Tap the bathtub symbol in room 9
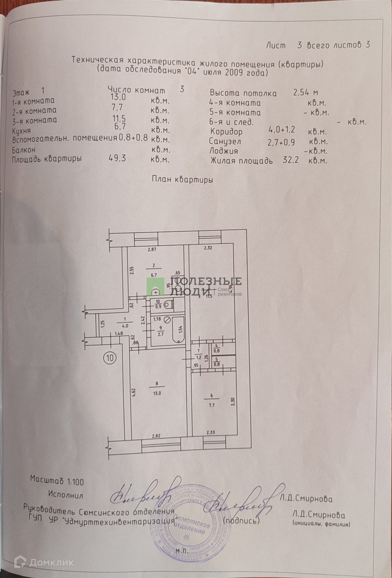[x=178, y=329]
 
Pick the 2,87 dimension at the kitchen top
[x=151, y=249]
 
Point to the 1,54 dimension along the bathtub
[x=180, y=330]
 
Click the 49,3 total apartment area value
[x=117, y=158]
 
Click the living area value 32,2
[x=291, y=160]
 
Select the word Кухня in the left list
[x=21, y=130]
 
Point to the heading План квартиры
[x=182, y=180]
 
